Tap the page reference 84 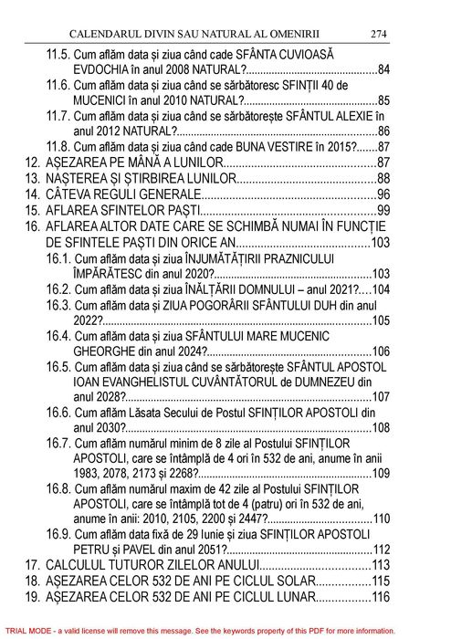tap(383, 70)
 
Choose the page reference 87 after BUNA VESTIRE tap(383, 146)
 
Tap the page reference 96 tap(383, 195)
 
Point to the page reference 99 tap(383, 212)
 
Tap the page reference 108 tap(380, 427)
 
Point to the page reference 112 tap(380, 549)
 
